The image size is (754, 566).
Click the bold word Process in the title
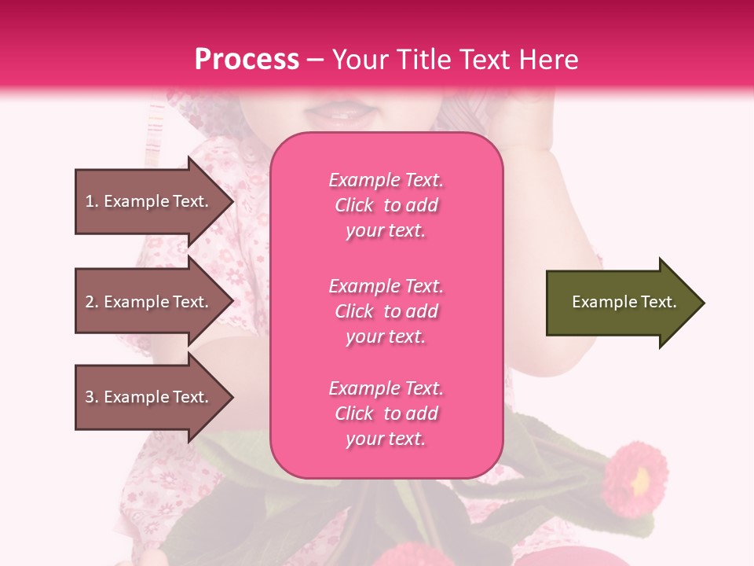point(247,60)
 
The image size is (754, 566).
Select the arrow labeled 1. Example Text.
point(149,201)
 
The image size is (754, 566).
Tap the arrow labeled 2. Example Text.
point(149,302)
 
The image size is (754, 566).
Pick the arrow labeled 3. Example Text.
point(149,397)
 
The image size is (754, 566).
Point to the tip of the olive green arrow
point(703,303)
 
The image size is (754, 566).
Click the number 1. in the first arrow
point(91,202)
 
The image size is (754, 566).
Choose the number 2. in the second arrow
point(91,303)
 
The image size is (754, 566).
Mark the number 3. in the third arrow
point(91,398)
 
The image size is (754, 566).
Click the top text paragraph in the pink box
point(386,205)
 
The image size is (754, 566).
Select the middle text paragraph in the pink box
point(386,311)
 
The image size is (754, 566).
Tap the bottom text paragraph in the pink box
point(386,413)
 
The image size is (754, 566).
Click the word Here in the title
point(548,60)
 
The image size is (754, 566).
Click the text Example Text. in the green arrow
point(624,302)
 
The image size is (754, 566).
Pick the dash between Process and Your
point(315,61)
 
